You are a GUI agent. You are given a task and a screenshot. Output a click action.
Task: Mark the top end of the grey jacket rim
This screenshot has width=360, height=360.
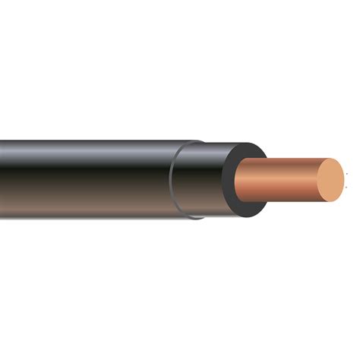coord(196,142)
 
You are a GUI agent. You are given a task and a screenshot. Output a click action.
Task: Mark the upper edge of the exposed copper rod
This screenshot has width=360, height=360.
coord(292,159)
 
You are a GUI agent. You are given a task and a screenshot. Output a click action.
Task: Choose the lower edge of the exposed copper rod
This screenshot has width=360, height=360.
coord(292,202)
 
